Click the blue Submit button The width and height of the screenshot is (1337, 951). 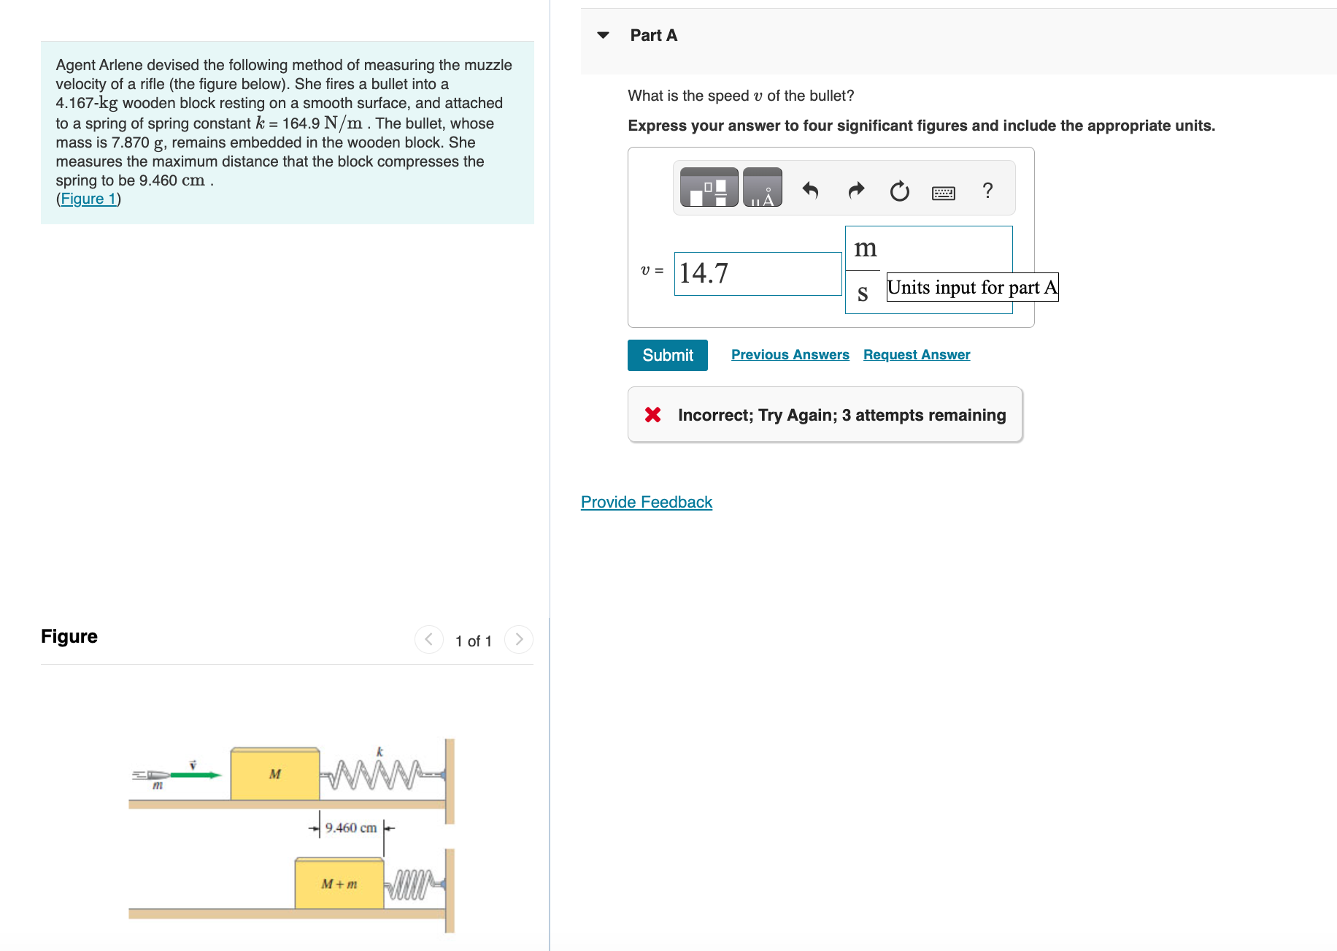(667, 355)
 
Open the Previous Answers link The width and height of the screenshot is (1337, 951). (790, 354)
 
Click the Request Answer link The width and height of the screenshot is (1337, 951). (916, 354)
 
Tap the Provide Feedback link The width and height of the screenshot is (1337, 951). (646, 502)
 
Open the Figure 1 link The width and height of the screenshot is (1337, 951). (88, 199)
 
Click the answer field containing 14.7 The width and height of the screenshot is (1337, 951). (757, 273)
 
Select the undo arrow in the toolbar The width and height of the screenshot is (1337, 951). (810, 191)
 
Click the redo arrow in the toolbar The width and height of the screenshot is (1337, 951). (855, 191)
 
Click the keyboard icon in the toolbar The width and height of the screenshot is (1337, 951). (943, 193)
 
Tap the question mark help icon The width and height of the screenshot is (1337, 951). (987, 191)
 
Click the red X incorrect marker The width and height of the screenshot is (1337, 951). (652, 415)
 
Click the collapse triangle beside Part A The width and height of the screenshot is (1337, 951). (603, 35)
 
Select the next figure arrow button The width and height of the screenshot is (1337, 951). (518, 640)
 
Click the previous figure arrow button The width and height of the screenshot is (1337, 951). (428, 640)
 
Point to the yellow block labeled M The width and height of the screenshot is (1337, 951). (274, 774)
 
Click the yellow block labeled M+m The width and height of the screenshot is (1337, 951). (339, 884)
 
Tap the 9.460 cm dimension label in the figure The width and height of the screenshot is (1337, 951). (350, 828)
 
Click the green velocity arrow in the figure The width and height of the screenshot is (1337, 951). (195, 775)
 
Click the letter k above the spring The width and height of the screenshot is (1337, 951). (379, 752)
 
